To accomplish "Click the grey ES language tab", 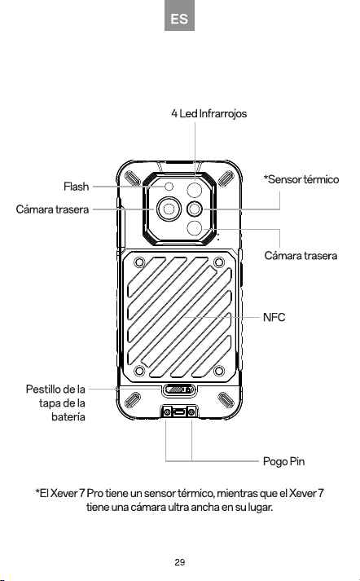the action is tap(179, 15).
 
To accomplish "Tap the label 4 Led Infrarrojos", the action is tap(209, 113).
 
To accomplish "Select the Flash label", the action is tap(76, 187).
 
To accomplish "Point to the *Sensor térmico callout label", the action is tap(301, 180).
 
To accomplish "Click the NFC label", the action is tap(274, 318).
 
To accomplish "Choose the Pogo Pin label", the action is tap(283, 462).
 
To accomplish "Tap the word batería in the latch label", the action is tap(68, 417).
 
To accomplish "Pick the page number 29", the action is tap(180, 562).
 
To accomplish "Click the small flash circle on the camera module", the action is tap(169, 187).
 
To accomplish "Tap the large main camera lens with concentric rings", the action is tap(169, 209).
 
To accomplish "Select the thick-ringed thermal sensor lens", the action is tap(195, 209).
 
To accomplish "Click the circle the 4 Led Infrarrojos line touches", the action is tap(195, 191).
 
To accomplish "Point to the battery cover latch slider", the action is tap(179, 390).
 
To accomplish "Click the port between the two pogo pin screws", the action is tap(179, 412).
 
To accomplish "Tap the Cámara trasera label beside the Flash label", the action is tap(52, 209).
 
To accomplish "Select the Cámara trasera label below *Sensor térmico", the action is tap(301, 256).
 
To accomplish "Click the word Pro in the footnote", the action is tap(94, 494).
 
